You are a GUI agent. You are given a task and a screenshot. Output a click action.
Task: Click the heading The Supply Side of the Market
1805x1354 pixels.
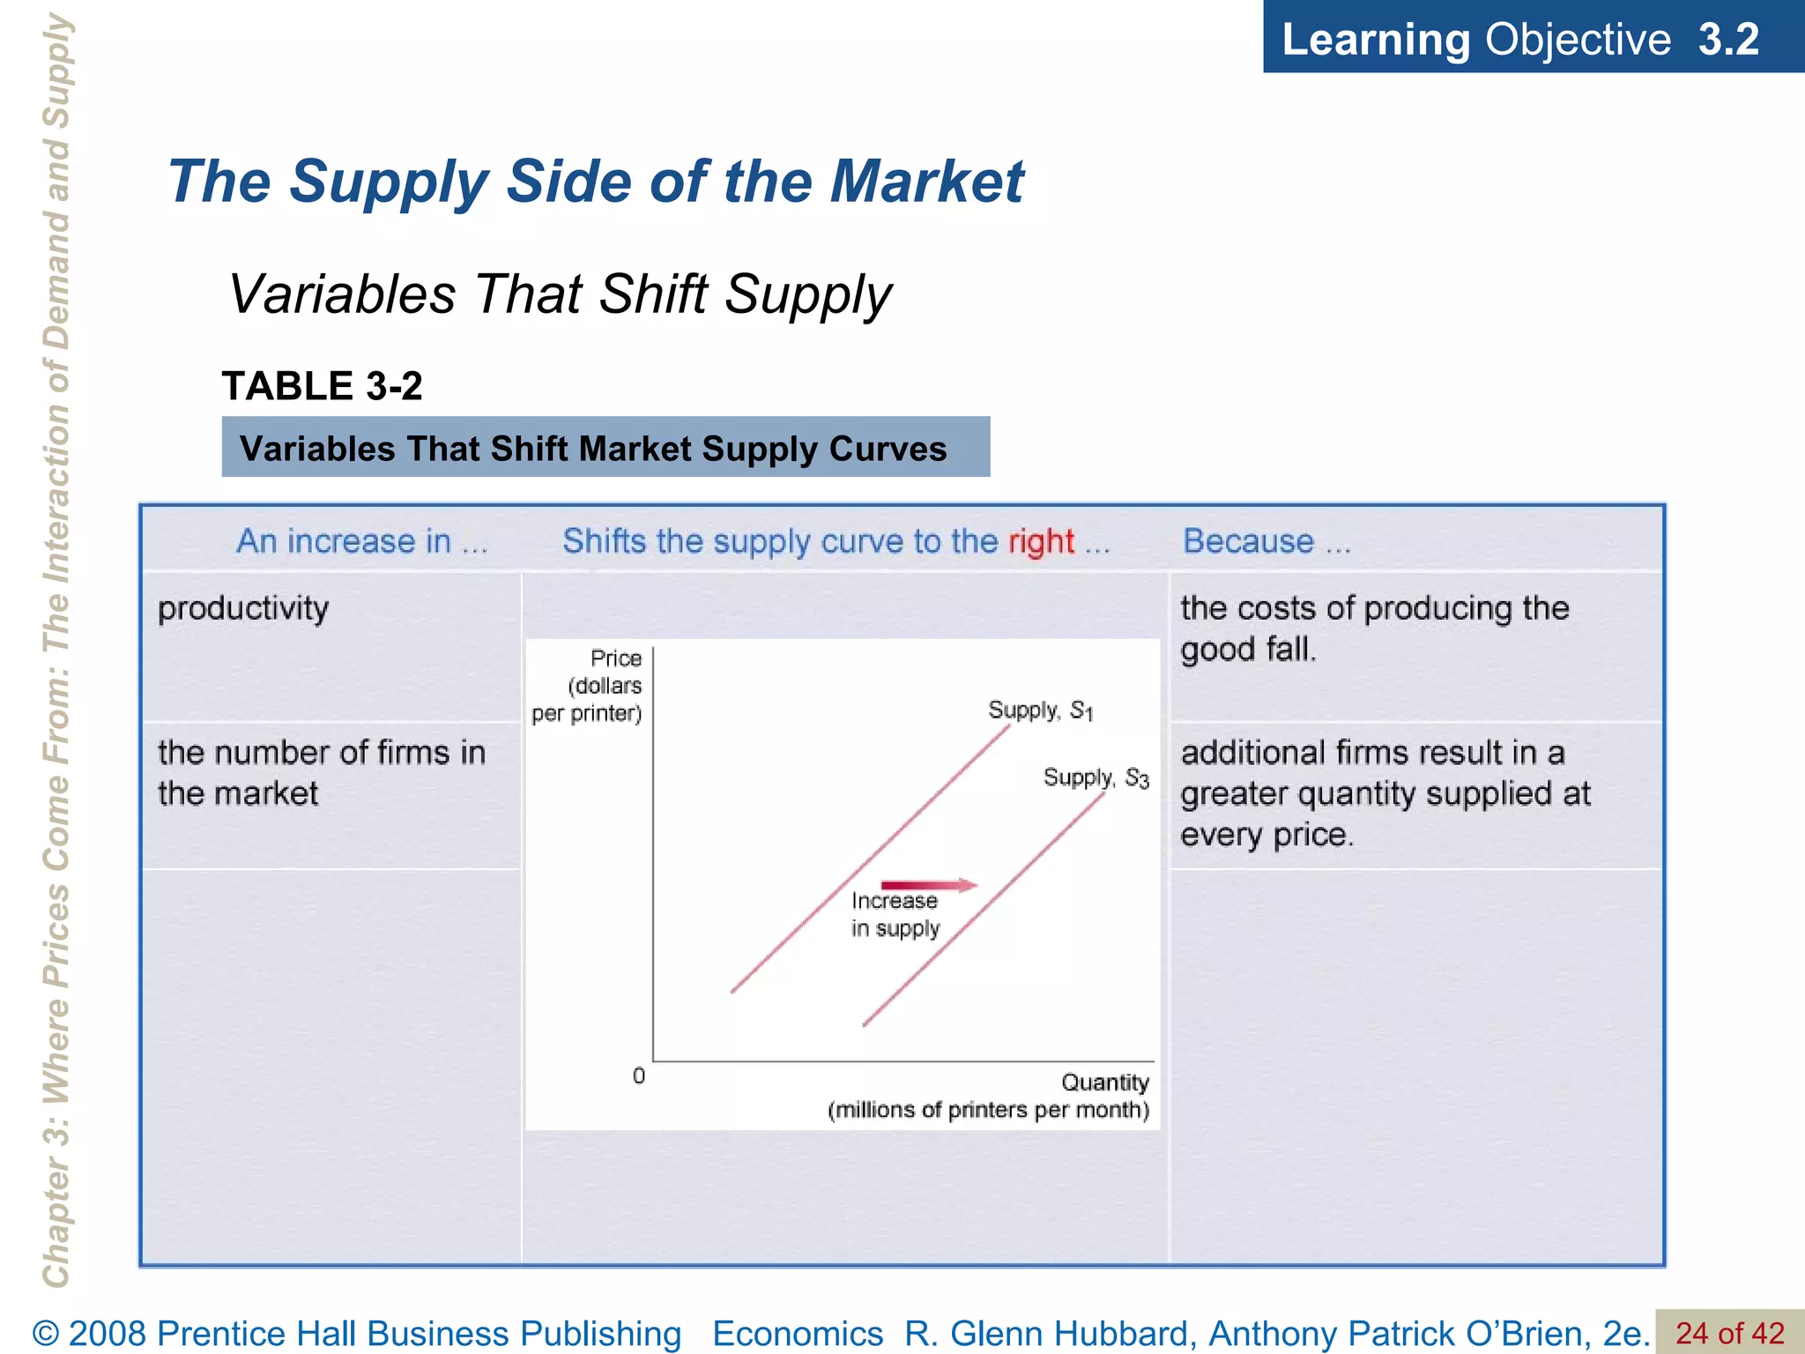click(596, 182)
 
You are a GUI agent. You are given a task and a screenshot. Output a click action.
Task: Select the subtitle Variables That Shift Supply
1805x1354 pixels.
click(561, 294)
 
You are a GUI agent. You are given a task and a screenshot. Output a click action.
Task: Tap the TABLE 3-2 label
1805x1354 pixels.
click(322, 386)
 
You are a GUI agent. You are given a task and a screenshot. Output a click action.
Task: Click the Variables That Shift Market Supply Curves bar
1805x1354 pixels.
click(605, 448)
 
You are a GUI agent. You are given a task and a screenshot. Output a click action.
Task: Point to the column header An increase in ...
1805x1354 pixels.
click(361, 540)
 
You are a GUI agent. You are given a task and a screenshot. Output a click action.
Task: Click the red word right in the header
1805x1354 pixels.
click(1041, 541)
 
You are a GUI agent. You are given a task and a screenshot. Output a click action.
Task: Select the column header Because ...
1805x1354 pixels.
click(1266, 540)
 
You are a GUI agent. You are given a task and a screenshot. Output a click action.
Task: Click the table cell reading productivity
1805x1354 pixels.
click(243, 608)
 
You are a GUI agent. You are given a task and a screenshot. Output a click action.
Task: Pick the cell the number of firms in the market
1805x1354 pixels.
click(322, 773)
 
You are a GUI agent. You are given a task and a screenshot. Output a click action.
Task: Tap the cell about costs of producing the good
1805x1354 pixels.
click(1374, 629)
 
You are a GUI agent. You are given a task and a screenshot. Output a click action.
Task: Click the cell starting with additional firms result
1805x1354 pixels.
click(1385, 793)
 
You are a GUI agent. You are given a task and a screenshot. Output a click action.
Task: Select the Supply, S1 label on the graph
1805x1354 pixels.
click(1040, 710)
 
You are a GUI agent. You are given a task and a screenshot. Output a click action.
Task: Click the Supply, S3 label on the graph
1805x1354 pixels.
click(1096, 777)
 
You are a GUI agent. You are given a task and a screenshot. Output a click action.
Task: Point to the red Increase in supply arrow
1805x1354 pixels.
click(929, 885)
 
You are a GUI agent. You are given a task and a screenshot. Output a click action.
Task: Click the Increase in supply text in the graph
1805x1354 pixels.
click(895, 914)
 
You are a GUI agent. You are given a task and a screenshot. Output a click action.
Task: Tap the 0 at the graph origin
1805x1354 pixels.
click(639, 1075)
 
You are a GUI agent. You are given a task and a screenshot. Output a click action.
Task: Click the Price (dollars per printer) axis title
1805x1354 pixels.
click(587, 686)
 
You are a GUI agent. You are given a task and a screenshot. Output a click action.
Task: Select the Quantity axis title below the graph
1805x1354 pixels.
click(988, 1096)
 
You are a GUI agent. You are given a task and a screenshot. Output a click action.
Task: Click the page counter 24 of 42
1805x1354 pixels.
click(1729, 1332)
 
